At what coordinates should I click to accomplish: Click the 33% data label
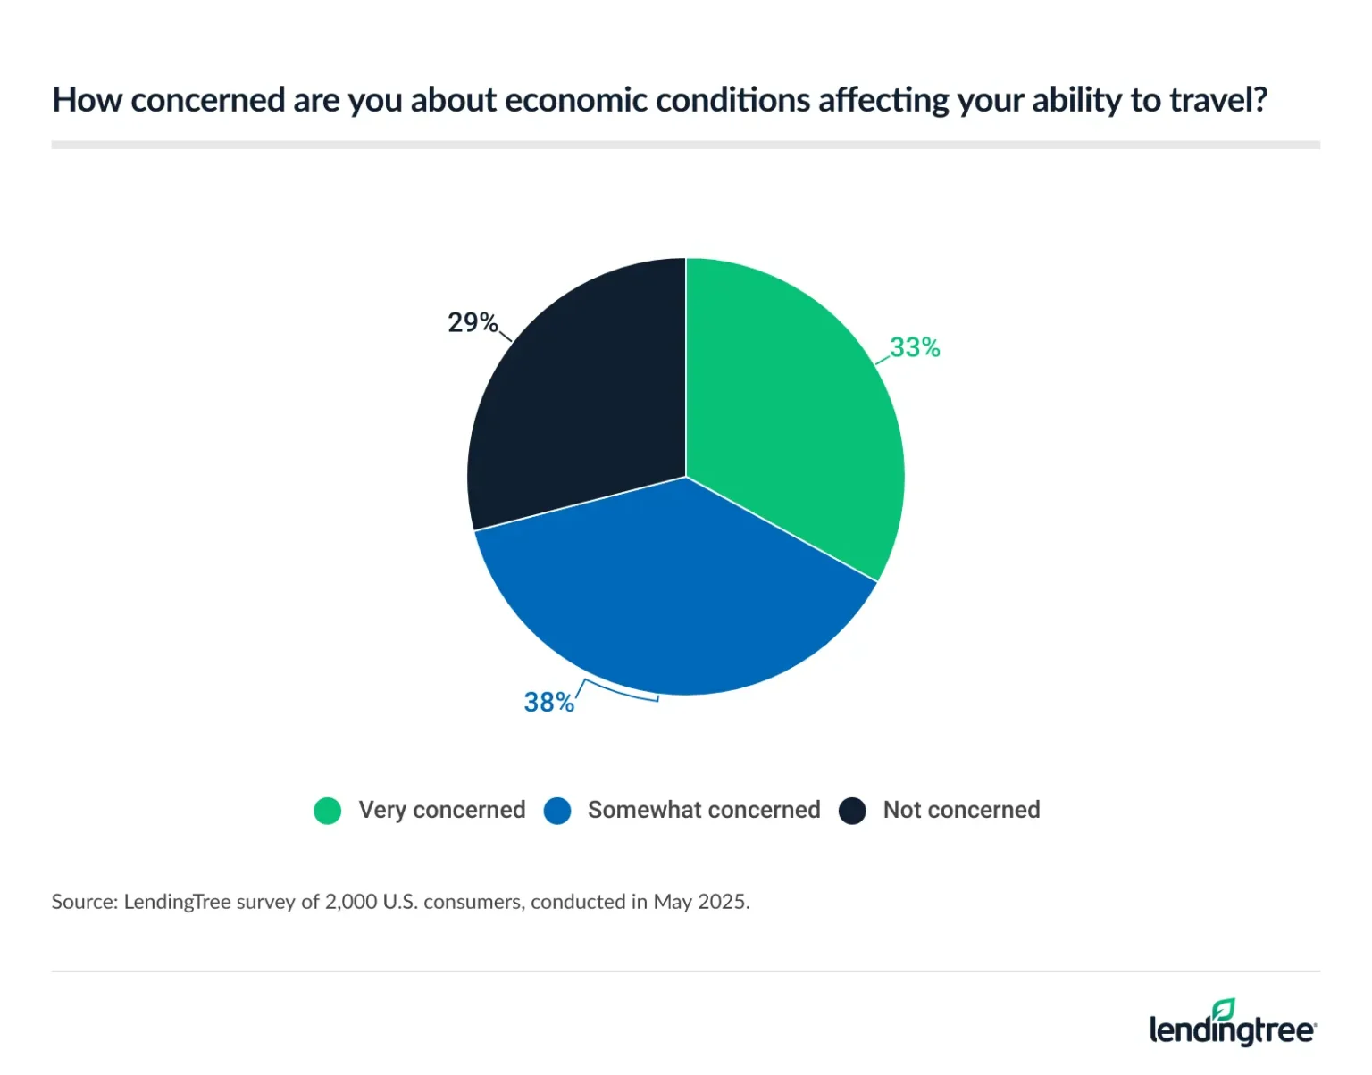(915, 347)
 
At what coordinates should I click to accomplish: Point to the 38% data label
(548, 703)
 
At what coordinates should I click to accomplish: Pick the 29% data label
(472, 322)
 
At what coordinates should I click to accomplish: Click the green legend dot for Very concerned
(328, 811)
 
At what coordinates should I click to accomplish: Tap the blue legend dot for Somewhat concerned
(557, 811)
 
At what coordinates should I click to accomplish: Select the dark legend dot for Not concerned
(852, 811)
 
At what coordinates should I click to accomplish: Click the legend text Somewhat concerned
(704, 810)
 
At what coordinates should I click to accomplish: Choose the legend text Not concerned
(961, 810)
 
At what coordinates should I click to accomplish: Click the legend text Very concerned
(441, 810)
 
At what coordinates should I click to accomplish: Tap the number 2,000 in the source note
(351, 902)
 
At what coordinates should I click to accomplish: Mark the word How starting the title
(87, 100)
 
